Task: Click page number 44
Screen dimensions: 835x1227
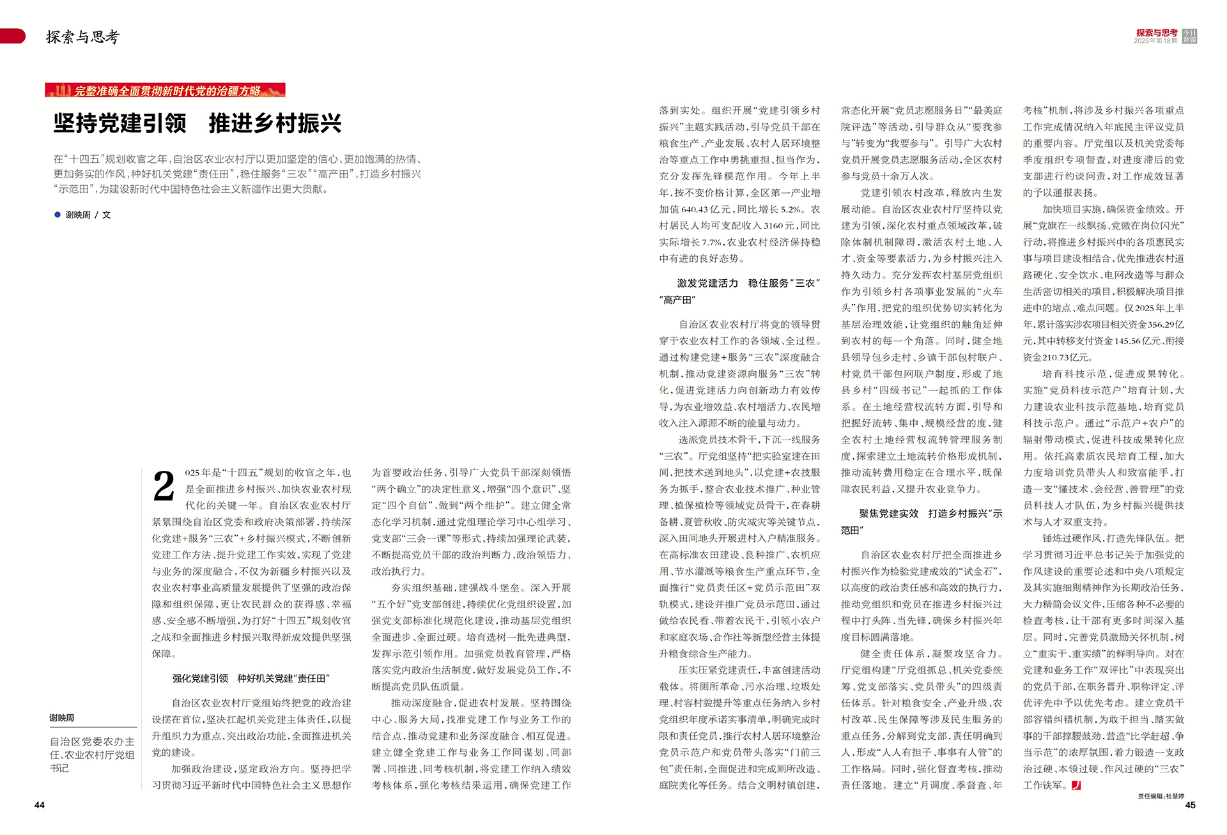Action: point(40,805)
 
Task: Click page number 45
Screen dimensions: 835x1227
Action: point(1190,805)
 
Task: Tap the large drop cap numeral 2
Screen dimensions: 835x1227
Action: point(164,487)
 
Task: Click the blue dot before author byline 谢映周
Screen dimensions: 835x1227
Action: point(58,215)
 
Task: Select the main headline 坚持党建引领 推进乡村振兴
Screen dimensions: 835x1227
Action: point(197,123)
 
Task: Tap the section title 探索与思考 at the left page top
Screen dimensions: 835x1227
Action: point(82,37)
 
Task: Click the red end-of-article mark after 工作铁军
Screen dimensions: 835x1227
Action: point(1076,785)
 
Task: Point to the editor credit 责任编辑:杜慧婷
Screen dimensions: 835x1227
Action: point(1161,796)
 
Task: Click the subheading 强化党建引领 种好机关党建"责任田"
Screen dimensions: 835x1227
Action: point(251,678)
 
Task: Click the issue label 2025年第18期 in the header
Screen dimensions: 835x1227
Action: point(1155,41)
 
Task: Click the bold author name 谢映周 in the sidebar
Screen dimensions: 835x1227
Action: point(62,718)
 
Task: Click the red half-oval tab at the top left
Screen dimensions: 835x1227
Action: point(13,36)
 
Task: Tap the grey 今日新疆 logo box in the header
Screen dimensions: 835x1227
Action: point(1189,36)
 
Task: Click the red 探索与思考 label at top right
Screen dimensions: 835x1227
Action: point(1156,33)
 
